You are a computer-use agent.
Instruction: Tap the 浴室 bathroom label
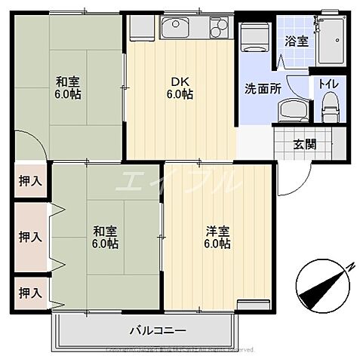pos(296,41)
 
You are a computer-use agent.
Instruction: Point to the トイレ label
pos(328,84)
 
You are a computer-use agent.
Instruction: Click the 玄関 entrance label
pos(304,145)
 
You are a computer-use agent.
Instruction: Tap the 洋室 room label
pos(217,232)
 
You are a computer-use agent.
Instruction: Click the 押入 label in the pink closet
pos(30,236)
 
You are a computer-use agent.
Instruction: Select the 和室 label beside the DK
pos(67,82)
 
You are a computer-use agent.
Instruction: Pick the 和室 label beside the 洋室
pos(106,232)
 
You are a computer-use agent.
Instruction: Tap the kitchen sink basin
pos(179,29)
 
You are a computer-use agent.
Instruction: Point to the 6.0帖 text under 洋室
pos(217,244)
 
